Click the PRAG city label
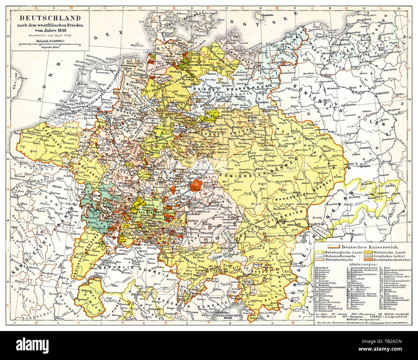pos(259,168)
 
